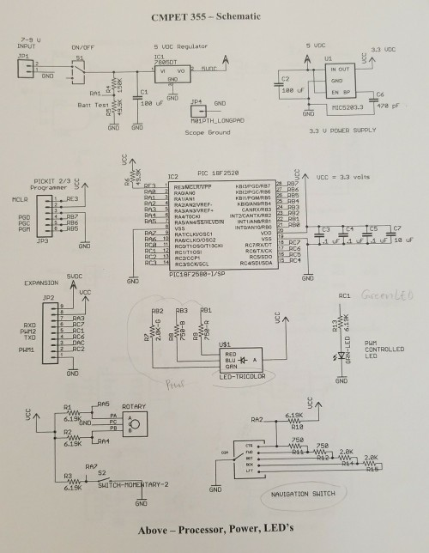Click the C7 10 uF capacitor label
397,241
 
